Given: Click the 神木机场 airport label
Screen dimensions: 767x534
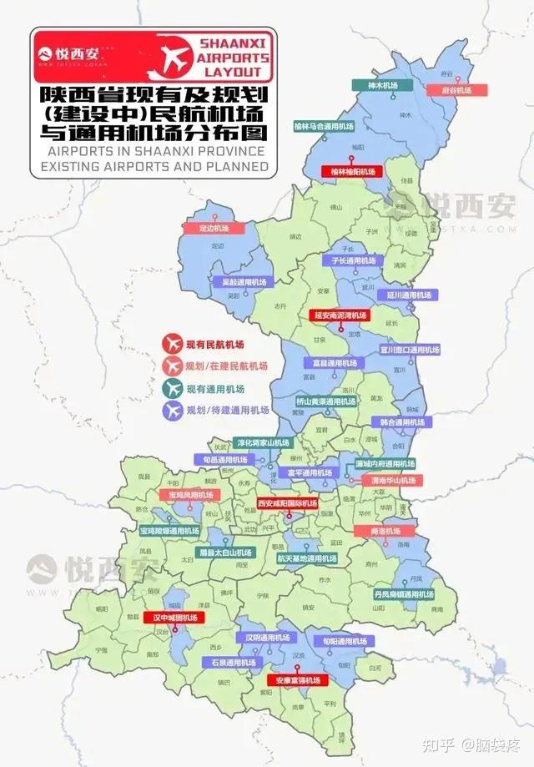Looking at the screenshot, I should click(x=383, y=85).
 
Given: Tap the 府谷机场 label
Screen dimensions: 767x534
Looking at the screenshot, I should click(x=451, y=89).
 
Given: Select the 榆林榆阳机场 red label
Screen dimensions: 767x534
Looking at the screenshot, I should click(x=349, y=171).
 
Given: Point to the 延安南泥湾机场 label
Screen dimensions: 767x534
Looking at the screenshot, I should click(x=340, y=316).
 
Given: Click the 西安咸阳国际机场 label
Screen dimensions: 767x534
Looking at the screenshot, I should click(x=287, y=504).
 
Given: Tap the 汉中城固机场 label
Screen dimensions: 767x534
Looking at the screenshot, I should click(x=174, y=618).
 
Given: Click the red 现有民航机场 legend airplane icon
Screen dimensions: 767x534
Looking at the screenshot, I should click(x=173, y=343).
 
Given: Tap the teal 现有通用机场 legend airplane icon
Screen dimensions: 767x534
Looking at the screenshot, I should click(x=173, y=388).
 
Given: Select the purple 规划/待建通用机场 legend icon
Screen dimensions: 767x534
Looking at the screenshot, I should click(x=173, y=411).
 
